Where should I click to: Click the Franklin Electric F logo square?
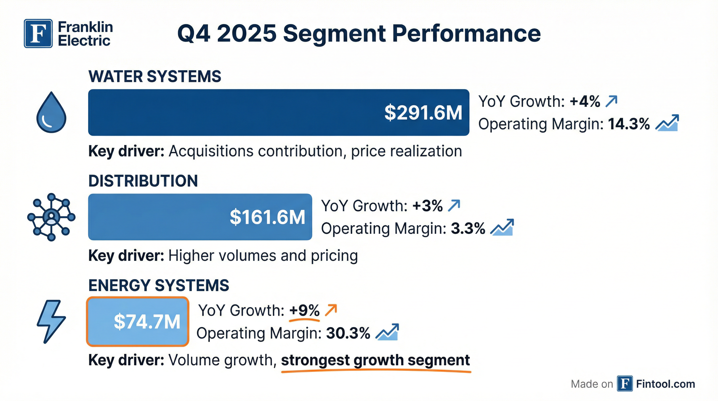pyautogui.click(x=38, y=33)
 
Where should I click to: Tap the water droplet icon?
pyautogui.click(x=51, y=112)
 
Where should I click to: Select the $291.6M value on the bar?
pyautogui.click(x=423, y=113)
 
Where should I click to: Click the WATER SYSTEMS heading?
pyautogui.click(x=155, y=76)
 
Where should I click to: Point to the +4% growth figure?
pyautogui.click(x=585, y=101)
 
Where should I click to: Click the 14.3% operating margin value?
pyautogui.click(x=629, y=124)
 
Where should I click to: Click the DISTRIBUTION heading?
pyautogui.click(x=143, y=181)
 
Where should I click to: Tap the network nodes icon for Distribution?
pyautogui.click(x=51, y=217)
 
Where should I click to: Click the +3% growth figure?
pyautogui.click(x=427, y=206)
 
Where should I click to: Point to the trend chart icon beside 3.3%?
pyautogui.click(x=502, y=228)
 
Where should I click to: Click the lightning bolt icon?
pyautogui.click(x=51, y=321)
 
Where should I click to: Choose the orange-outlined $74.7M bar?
pyautogui.click(x=138, y=322)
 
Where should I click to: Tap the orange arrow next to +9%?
pyautogui.click(x=331, y=310)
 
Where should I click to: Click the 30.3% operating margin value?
pyautogui.click(x=348, y=333)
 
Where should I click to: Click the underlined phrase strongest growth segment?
pyautogui.click(x=375, y=360)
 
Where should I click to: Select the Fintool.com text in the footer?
pyautogui.click(x=665, y=384)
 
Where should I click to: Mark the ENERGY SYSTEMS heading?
pyautogui.click(x=159, y=285)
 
